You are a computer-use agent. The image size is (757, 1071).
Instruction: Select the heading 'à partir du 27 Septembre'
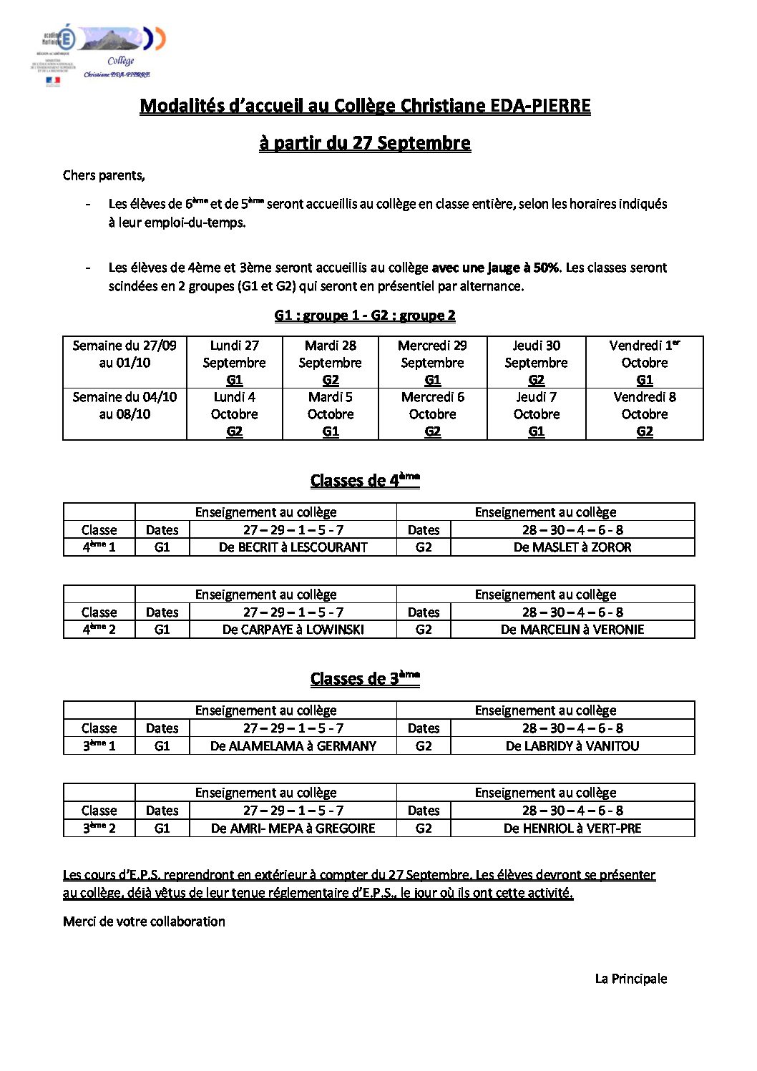click(365, 143)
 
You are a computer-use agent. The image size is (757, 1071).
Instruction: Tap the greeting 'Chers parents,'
click(104, 175)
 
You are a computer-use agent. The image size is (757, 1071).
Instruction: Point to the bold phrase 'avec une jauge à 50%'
click(495, 268)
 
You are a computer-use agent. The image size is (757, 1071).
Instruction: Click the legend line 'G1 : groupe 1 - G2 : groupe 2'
click(365, 316)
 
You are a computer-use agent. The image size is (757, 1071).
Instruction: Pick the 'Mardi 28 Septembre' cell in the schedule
click(331, 362)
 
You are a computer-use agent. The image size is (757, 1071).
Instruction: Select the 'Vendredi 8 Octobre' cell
click(645, 414)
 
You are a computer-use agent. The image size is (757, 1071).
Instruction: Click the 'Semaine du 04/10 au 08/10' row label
click(124, 406)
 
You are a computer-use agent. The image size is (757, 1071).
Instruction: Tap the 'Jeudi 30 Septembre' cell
click(536, 362)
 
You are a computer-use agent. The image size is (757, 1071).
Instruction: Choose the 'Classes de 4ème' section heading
click(365, 480)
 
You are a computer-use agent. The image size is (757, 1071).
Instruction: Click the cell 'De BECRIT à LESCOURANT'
click(293, 547)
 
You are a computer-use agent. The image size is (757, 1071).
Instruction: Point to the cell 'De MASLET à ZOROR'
click(572, 547)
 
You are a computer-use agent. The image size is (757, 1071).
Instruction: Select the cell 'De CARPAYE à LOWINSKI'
click(293, 630)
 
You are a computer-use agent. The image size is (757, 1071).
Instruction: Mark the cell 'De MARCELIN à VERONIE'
click(572, 630)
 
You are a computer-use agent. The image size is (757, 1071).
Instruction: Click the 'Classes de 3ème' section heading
click(365, 678)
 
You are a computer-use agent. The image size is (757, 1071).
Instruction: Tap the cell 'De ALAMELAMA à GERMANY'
click(293, 745)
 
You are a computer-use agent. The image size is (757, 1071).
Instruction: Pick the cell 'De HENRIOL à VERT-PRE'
click(572, 828)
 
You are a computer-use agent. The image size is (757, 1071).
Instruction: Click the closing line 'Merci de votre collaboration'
click(144, 921)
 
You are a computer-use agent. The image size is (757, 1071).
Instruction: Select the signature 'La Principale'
click(630, 979)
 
